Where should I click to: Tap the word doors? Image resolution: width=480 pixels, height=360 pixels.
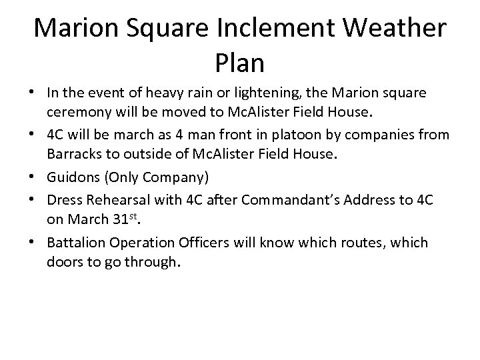[65, 262]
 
